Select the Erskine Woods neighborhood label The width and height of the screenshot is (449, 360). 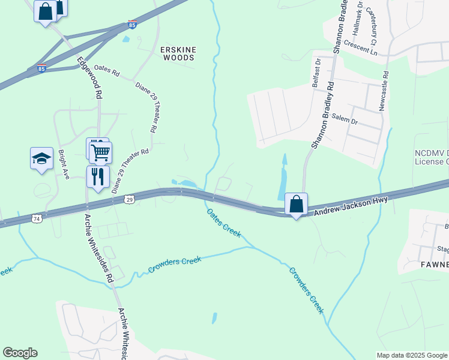click(178, 53)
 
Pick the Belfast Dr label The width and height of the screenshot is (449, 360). click(316, 73)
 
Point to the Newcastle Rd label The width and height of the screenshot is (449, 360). click(384, 91)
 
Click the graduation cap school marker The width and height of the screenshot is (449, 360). click(41, 158)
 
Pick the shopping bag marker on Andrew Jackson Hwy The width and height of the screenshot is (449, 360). click(296, 204)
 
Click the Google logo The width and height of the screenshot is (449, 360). click(20, 353)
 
